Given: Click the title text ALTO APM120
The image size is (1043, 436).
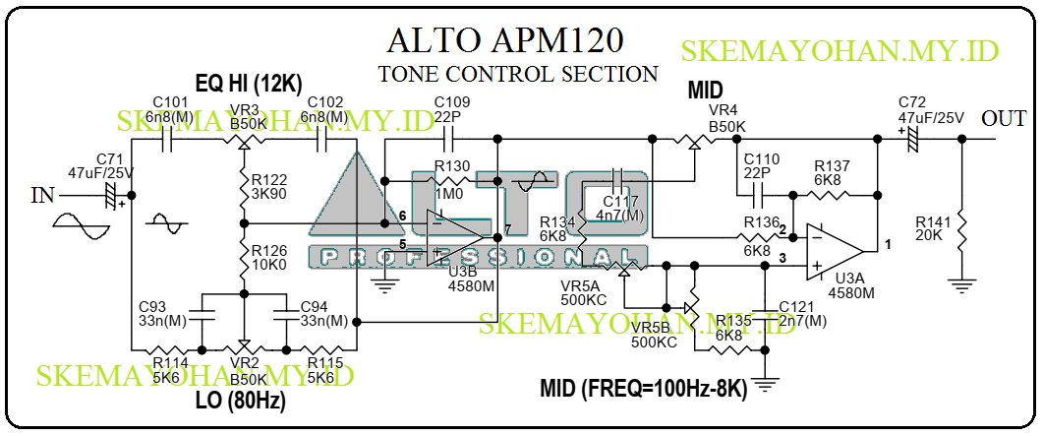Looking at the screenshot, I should (505, 42).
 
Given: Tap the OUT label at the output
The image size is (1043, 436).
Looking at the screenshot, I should (1006, 119).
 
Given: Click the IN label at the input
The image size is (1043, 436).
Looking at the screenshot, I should (42, 195).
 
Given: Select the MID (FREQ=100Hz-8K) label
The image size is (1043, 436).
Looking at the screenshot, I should (643, 388).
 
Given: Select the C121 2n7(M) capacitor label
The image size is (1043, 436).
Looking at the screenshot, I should (801, 314).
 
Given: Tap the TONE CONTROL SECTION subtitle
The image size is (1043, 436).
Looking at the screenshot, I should (518, 74).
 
